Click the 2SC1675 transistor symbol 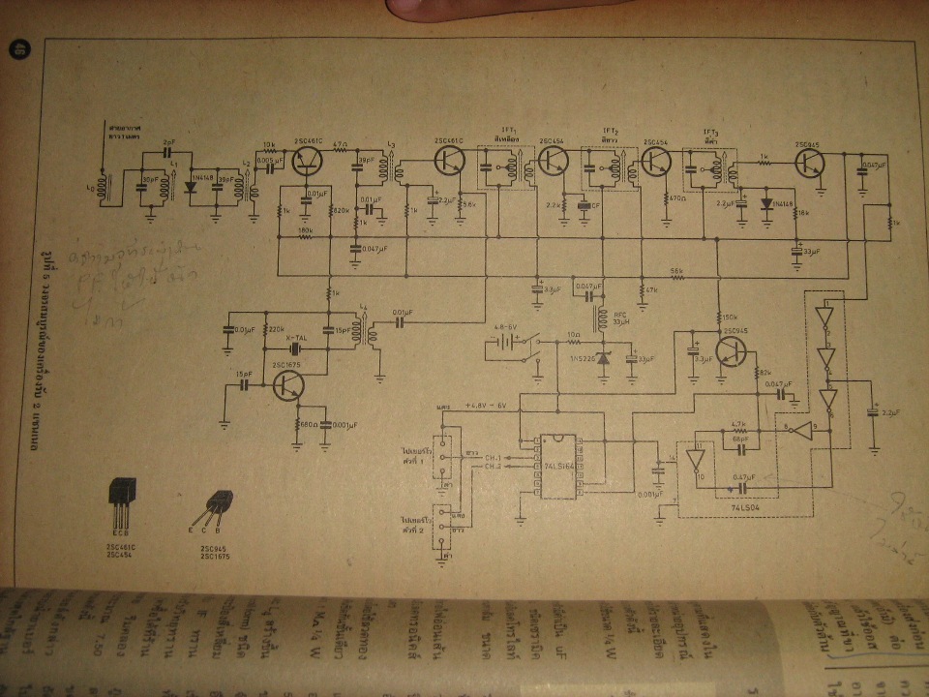point(287,385)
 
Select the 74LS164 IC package point(556,465)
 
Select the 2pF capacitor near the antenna point(169,152)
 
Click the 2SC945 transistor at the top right point(811,163)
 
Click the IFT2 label point(611,131)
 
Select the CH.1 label point(494,457)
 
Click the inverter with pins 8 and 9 point(798,426)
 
